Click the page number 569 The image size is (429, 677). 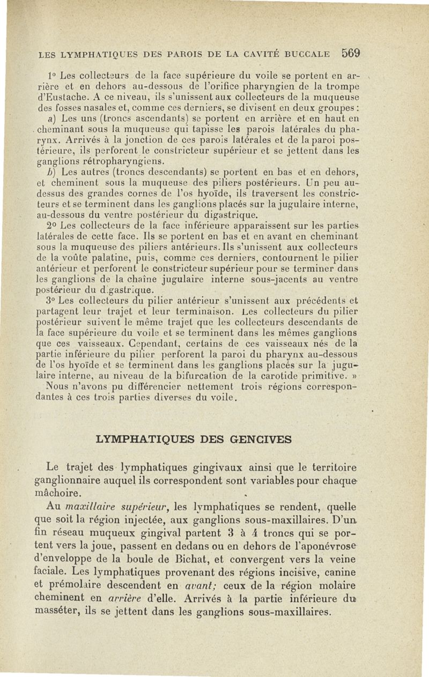[x=350, y=53]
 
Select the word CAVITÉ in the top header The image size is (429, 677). [x=249, y=54]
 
